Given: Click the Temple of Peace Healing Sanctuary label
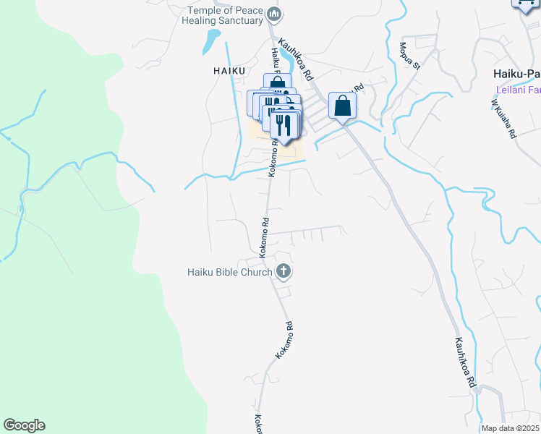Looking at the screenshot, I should [225, 15].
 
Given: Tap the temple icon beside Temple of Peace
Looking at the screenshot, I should [273, 14].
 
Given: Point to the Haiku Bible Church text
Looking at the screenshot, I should [229, 272].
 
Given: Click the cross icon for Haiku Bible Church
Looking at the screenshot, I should [284, 272].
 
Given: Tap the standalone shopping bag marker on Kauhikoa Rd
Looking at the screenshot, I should [342, 106].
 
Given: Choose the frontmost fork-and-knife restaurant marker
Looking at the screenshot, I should [284, 124].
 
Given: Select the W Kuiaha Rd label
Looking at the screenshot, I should [504, 119].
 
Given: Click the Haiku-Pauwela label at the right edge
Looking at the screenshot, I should [516, 74].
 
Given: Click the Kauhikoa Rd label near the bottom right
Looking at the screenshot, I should [466, 361].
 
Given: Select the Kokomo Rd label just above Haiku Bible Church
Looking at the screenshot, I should [265, 237].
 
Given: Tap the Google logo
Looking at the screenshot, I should [24, 425].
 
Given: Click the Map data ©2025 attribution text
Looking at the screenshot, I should [511, 428].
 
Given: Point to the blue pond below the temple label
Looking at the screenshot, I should [210, 42].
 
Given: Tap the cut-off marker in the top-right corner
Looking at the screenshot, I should [526, 4].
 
